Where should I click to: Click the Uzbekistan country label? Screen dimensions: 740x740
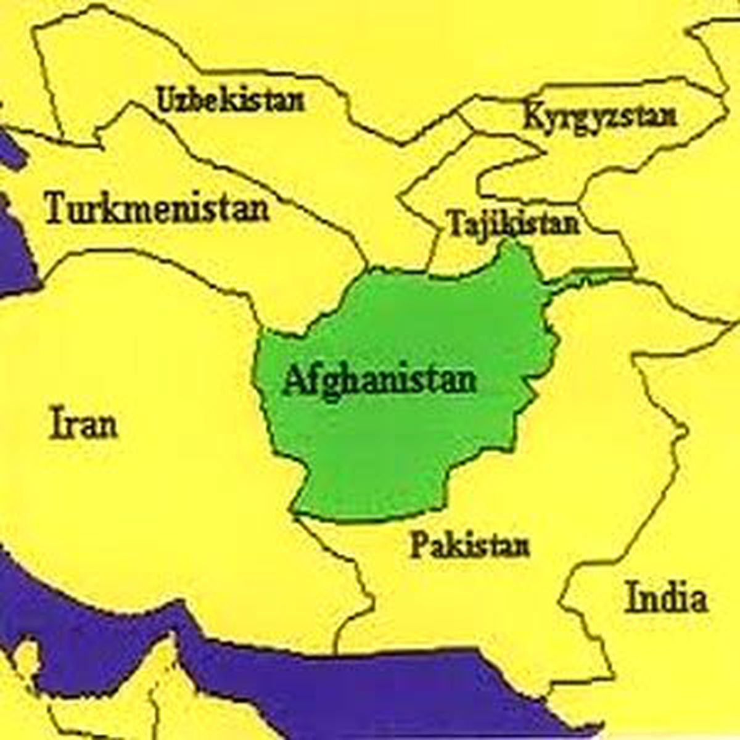pos(231,99)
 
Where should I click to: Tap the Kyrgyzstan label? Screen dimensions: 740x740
pos(599,116)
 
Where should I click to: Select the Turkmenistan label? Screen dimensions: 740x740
pos(157,208)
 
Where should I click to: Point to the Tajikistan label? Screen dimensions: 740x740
pos(514,223)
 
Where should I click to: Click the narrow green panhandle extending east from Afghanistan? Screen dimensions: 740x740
pos(592,281)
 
